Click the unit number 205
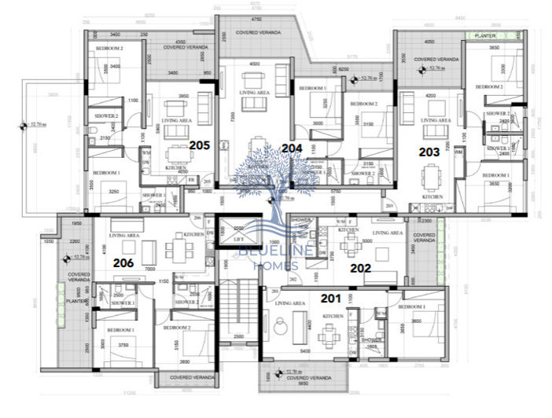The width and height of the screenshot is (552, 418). pyautogui.click(x=200, y=145)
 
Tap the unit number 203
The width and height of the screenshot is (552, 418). pyautogui.click(x=429, y=152)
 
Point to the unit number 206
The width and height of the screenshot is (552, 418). pyautogui.click(x=125, y=263)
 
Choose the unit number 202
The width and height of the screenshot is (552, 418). pyautogui.click(x=360, y=267)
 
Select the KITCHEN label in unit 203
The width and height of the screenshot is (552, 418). pyautogui.click(x=432, y=196)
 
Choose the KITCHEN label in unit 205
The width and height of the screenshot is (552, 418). pyautogui.click(x=175, y=167)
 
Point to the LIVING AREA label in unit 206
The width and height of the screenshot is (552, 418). pyautogui.click(x=125, y=235)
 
